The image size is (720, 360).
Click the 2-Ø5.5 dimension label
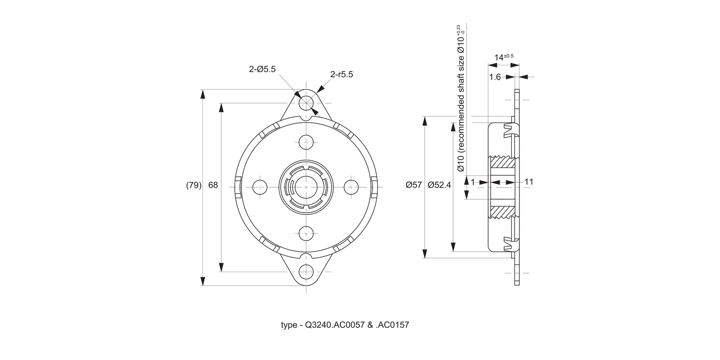(x=262, y=69)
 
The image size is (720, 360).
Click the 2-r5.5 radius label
(x=341, y=74)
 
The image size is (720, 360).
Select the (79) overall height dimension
(x=193, y=185)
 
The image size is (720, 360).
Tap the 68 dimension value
(x=213, y=185)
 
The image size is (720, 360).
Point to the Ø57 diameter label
(x=413, y=185)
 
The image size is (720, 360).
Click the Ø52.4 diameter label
(x=439, y=185)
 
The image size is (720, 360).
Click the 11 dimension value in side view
(x=529, y=182)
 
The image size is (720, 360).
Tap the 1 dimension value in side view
(x=473, y=182)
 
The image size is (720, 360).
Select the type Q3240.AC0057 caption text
(x=345, y=325)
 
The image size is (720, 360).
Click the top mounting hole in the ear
(x=306, y=103)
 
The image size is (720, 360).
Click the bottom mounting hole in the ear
(x=306, y=272)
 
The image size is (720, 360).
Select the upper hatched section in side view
(x=503, y=161)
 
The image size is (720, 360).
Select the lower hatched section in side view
(x=503, y=212)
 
